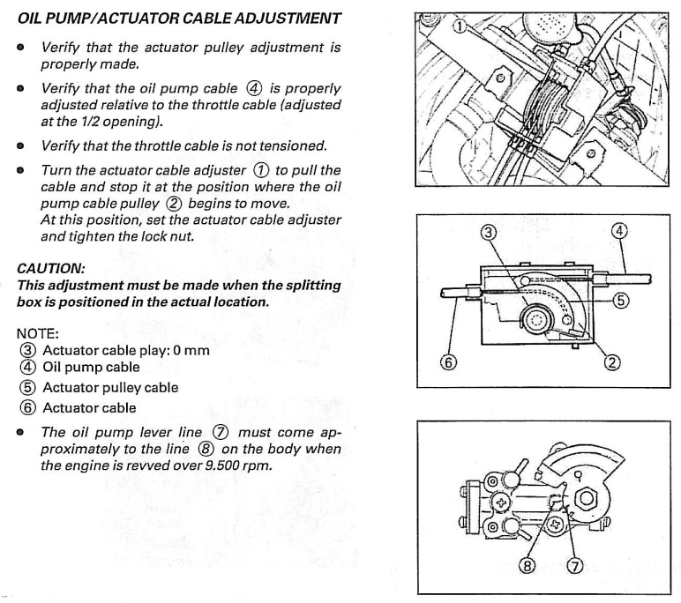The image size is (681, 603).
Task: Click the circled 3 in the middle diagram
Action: [488, 233]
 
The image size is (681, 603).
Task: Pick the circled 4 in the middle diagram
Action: [619, 232]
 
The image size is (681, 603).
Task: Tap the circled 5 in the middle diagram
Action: [621, 301]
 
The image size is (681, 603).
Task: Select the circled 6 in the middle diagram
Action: [448, 361]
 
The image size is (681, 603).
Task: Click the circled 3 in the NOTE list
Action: [26, 351]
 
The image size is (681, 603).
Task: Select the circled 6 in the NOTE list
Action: [26, 407]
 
